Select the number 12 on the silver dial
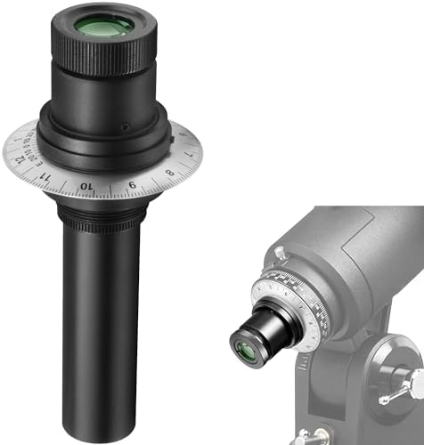[30, 149]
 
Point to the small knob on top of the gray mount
[281, 256]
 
